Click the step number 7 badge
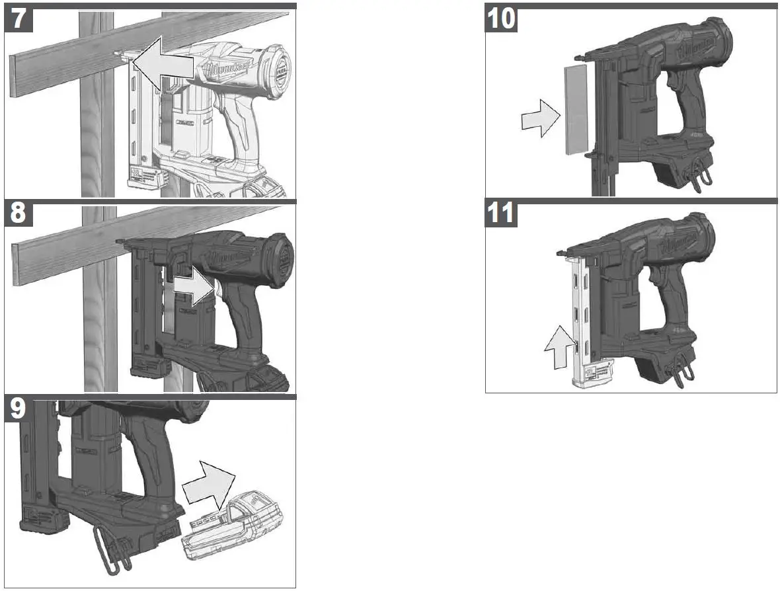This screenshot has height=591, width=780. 20,18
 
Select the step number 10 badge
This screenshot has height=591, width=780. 501,18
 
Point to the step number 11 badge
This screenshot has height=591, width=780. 501,214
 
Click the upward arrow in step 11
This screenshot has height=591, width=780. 555,346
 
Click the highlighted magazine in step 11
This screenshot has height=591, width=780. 581,317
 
